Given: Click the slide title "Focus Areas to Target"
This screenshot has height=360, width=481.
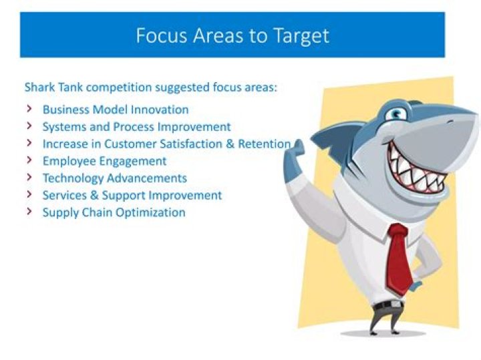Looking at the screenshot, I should click(232, 35).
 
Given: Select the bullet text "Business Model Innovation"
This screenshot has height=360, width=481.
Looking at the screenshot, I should click(115, 110).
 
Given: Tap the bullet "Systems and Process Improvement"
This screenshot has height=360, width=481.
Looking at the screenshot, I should click(136, 127).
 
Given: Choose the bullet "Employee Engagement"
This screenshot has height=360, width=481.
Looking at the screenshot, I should click(104, 161).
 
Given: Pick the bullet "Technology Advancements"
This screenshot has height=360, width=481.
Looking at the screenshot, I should click(114, 178).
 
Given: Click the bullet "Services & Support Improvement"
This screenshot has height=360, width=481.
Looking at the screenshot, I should click(132, 196).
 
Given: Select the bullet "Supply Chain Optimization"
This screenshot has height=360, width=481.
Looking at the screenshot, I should click(114, 213).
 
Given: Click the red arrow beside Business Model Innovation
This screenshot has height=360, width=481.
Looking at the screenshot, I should click(29, 109).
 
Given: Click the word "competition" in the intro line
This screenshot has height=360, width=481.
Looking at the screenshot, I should click(120, 87).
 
